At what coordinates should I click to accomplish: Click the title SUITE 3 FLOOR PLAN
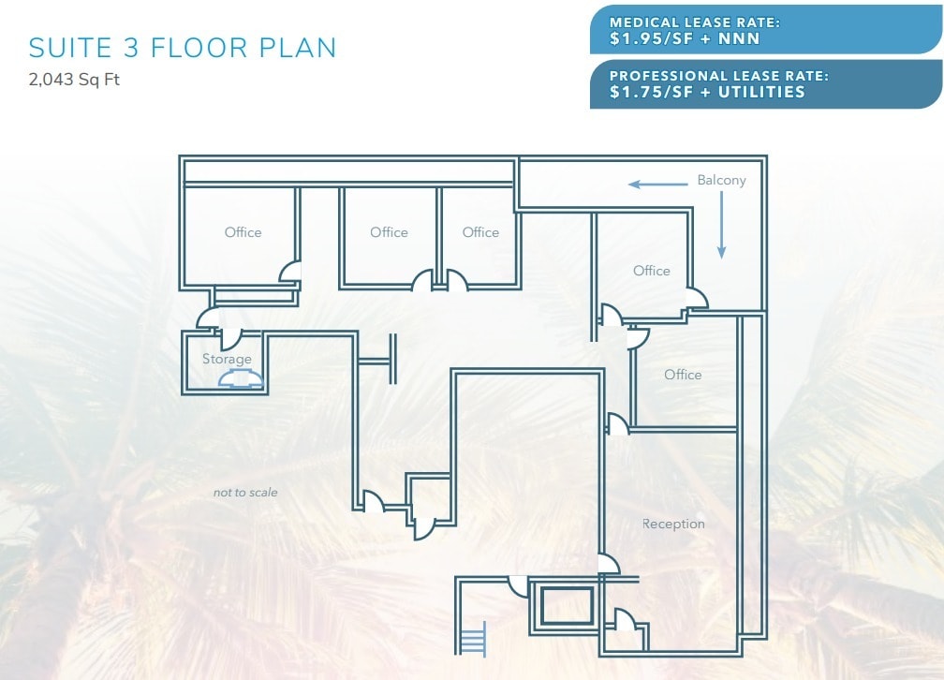click(x=183, y=48)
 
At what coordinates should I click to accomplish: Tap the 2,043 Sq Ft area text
click(x=75, y=80)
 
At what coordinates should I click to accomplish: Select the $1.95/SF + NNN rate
click(x=685, y=38)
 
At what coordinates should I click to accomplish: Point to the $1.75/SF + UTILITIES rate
click(x=707, y=92)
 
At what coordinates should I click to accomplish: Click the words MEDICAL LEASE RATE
click(x=695, y=22)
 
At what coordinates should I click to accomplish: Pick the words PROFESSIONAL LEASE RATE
click(x=718, y=76)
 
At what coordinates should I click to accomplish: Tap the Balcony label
click(x=721, y=180)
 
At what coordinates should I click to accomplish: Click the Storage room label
click(x=227, y=359)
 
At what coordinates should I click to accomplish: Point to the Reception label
click(x=673, y=524)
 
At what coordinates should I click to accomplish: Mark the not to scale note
click(x=245, y=492)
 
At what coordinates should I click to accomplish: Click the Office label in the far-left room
click(x=243, y=232)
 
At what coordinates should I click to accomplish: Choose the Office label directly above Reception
click(x=683, y=375)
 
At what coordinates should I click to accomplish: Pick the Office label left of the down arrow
click(x=651, y=271)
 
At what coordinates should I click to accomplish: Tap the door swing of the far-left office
click(x=290, y=271)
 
